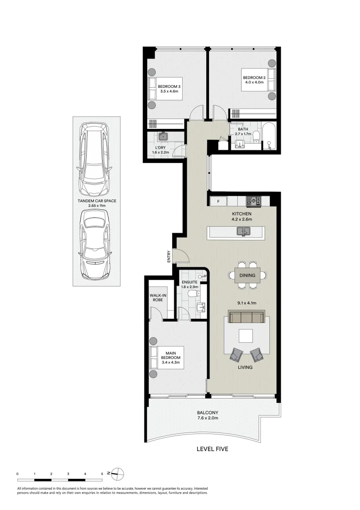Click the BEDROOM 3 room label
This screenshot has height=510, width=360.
(x=168, y=86)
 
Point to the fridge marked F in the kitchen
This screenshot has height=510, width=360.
(x=218, y=202)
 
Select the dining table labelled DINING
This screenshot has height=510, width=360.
(x=247, y=275)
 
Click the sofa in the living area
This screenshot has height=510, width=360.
(x=246, y=317)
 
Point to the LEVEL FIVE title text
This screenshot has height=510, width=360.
(x=212, y=449)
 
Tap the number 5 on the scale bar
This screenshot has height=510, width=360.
(x=102, y=473)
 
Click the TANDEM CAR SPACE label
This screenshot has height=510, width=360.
(x=97, y=201)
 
